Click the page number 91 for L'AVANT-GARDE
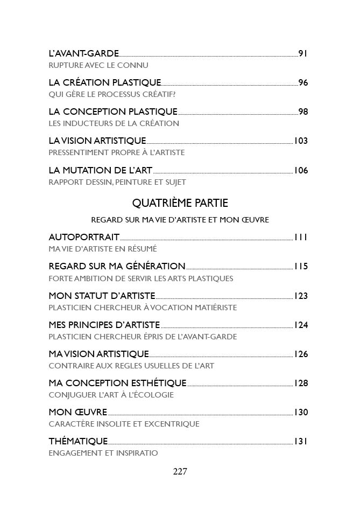coord(302,53)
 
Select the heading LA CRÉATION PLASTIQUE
coord(104,82)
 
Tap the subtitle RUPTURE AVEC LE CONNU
coord(98,65)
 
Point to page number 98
coord(302,111)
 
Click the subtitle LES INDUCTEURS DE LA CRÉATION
coord(114,123)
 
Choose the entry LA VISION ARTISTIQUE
coord(97,141)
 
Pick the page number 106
coord(300,170)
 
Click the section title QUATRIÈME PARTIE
coord(180,203)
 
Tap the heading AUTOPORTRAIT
coord(84,237)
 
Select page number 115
coord(300,266)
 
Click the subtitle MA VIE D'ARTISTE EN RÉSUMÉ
coord(102,249)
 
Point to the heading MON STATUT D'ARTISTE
coord(102,295)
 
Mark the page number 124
coord(300,325)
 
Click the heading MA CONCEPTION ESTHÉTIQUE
coord(117,383)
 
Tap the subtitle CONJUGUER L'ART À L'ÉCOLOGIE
coord(111,395)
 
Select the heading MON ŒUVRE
coord(77,412)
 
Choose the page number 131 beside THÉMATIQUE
coord(300,441)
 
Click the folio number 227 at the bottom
coord(180,472)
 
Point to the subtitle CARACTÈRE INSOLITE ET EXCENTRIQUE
coord(124,424)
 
